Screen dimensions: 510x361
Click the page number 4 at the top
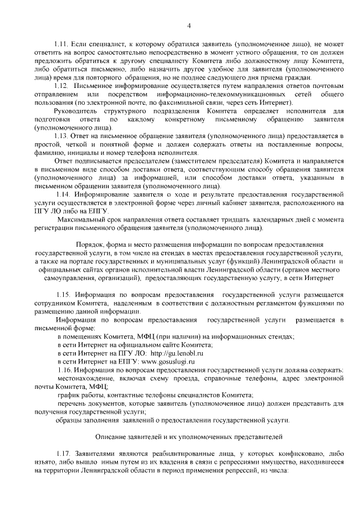coord(189,25)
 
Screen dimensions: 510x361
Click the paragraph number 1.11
coord(61,43)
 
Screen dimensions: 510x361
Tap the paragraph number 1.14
coord(63,194)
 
